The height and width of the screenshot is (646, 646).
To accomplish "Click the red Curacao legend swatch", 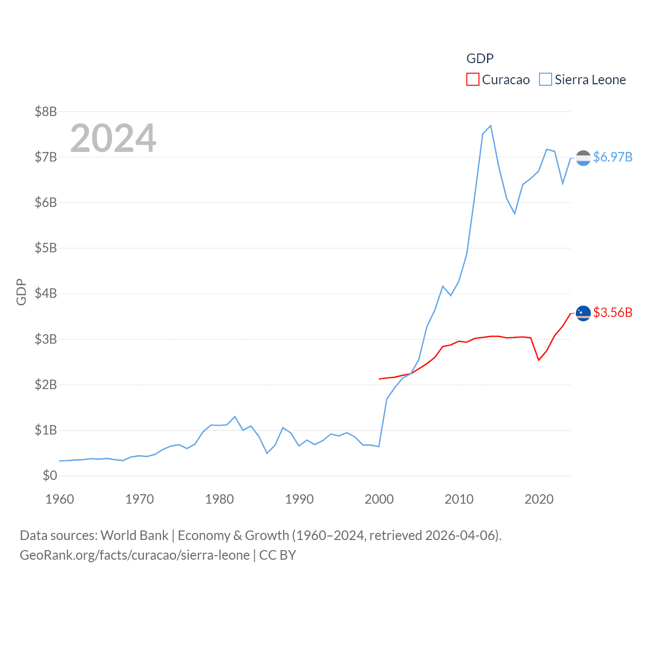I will point(472,80).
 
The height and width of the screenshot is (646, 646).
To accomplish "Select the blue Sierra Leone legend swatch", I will point(545,80).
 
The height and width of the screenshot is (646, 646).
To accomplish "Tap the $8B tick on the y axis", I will point(45,112).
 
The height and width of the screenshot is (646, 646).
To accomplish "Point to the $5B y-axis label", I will point(45,248).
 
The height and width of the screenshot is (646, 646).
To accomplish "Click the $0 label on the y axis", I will point(49,475).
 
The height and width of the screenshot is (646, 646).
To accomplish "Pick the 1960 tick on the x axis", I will point(60,499).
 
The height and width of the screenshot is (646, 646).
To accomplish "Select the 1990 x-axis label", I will point(299,499).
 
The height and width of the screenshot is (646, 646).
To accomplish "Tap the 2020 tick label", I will point(539,499).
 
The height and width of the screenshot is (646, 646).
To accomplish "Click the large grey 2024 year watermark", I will point(113,138).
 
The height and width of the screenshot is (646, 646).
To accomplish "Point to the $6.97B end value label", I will point(613,157).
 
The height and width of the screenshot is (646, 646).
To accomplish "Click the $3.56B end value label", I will point(613,312).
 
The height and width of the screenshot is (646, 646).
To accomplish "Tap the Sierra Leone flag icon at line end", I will point(583,158).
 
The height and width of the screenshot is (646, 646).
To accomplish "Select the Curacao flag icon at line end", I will point(583,313).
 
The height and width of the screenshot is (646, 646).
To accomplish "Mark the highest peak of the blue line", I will point(491,126).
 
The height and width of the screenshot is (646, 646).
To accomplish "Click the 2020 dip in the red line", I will point(539,360).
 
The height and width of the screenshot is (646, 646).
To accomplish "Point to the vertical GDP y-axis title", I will point(21,292).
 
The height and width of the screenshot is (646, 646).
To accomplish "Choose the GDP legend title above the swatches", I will point(479,59).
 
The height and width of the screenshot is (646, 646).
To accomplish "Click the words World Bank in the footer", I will point(134,535).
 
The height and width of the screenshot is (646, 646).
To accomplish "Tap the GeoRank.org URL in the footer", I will point(134,555).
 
